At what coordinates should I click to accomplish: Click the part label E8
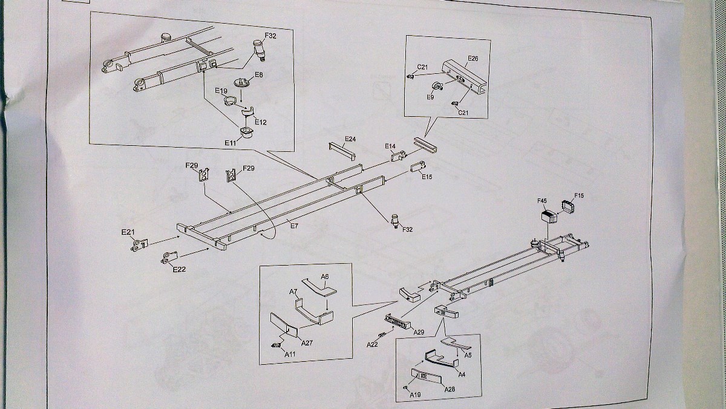[x=258, y=75]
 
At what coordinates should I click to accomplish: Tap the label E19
[x=221, y=91]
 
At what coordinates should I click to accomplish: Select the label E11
[x=230, y=143]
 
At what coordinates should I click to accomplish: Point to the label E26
[x=473, y=59]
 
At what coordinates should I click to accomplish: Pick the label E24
[x=350, y=139]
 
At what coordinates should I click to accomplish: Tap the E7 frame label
[x=295, y=225]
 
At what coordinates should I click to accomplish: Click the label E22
[x=179, y=269]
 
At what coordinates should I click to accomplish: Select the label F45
[x=542, y=201]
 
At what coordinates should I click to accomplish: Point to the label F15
[x=579, y=195]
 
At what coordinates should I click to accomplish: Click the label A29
[x=419, y=332]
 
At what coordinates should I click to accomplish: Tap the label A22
[x=372, y=344]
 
